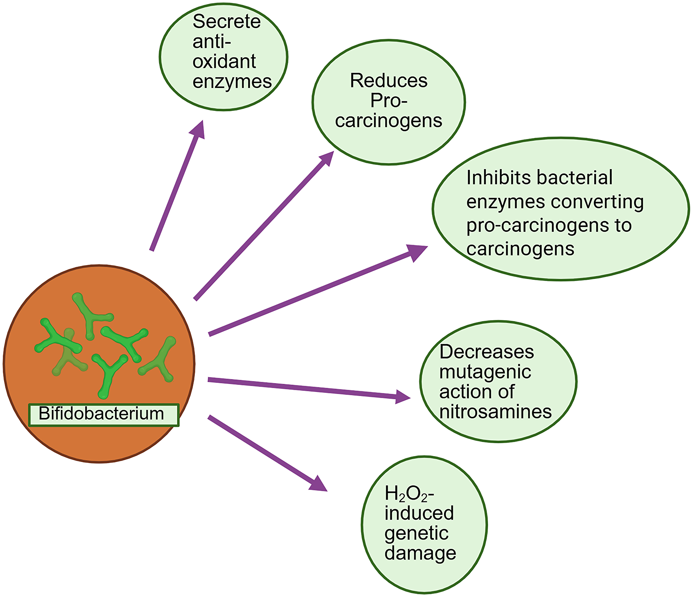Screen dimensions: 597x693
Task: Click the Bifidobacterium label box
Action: click(103, 414)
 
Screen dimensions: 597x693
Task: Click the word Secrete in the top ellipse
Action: click(226, 22)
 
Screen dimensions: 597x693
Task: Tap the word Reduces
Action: click(388, 81)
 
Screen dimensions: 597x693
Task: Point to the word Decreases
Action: click(486, 352)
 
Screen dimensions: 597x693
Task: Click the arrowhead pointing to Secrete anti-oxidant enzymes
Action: click(199, 129)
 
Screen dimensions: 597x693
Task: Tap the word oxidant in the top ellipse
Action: click(224, 62)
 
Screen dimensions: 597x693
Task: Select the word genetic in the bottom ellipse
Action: click(416, 533)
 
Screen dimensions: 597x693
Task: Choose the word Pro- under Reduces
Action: click(388, 101)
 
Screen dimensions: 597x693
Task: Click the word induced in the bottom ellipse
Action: click(419, 513)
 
